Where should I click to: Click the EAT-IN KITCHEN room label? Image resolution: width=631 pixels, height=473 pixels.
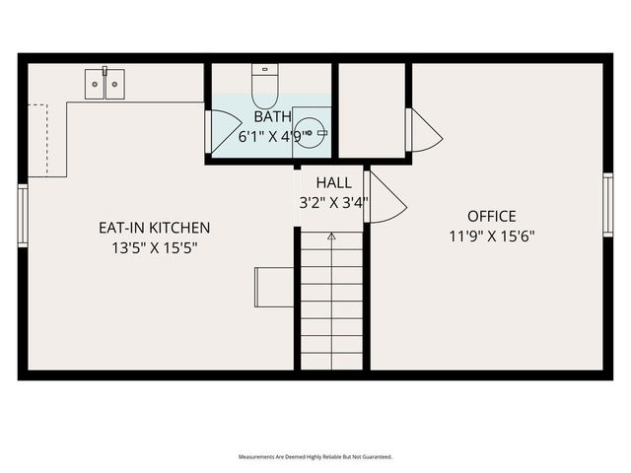(x=154, y=228)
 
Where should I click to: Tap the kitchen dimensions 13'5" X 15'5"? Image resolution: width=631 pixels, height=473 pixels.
(x=154, y=247)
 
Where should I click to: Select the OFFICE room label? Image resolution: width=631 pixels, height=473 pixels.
(x=491, y=216)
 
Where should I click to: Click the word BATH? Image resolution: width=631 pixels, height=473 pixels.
(x=272, y=117)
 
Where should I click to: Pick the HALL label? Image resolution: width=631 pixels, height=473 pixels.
(x=333, y=183)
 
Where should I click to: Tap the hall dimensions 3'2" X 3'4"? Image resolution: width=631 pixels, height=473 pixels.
(x=333, y=204)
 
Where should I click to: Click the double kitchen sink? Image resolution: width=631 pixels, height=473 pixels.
(x=105, y=84)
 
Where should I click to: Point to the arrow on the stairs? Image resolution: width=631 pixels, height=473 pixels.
(x=331, y=236)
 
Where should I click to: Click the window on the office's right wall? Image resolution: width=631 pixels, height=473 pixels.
(x=608, y=204)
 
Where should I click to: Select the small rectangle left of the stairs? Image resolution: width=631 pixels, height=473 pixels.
(x=274, y=287)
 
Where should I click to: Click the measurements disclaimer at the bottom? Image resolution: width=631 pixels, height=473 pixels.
(x=315, y=457)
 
